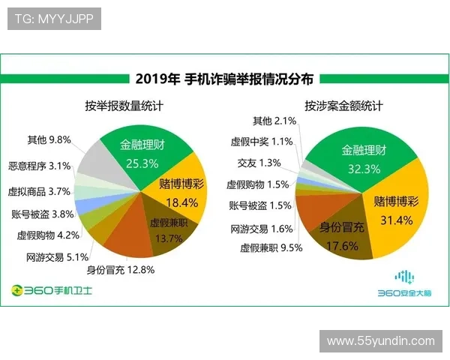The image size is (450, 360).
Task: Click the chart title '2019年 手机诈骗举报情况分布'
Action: (224, 78)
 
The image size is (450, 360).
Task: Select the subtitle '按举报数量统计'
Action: (124, 106)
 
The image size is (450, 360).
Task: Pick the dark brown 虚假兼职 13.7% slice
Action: (166, 229)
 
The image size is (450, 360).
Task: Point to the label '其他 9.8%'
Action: (49, 139)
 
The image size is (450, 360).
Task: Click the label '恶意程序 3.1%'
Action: (40, 166)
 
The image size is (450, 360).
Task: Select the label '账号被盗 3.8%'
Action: (43, 214)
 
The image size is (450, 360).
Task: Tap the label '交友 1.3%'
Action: (259, 163)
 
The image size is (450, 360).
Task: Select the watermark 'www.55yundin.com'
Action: (381, 340)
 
